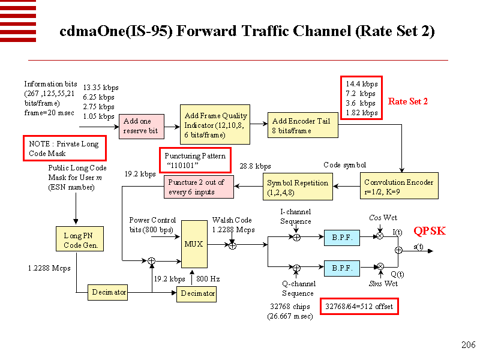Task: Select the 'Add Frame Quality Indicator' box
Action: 215,124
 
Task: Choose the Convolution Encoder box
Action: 398,187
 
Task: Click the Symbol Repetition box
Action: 298,187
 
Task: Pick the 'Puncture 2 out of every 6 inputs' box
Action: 199,187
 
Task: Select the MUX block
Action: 194,244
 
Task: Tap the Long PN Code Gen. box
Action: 76,241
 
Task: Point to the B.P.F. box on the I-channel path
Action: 342,237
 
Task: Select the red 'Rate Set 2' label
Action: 408,101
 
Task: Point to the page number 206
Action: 468,344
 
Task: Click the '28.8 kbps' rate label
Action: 255,166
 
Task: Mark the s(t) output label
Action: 418,246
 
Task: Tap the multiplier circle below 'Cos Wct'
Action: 380,237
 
